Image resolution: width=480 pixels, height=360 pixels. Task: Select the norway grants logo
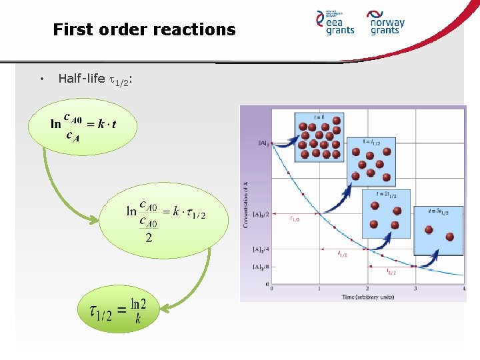coord(387,23)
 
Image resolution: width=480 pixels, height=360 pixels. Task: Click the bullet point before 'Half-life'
coord(41,79)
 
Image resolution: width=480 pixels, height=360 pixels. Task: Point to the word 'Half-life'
coord(81,79)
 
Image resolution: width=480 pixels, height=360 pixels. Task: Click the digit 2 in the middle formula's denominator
coord(149,238)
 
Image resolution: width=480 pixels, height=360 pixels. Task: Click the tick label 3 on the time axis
coord(415,289)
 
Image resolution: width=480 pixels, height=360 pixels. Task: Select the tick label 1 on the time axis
coord(319,289)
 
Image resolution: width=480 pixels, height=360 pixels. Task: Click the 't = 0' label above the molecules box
coord(318,117)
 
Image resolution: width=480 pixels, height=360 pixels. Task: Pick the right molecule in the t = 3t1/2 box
coord(449,236)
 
